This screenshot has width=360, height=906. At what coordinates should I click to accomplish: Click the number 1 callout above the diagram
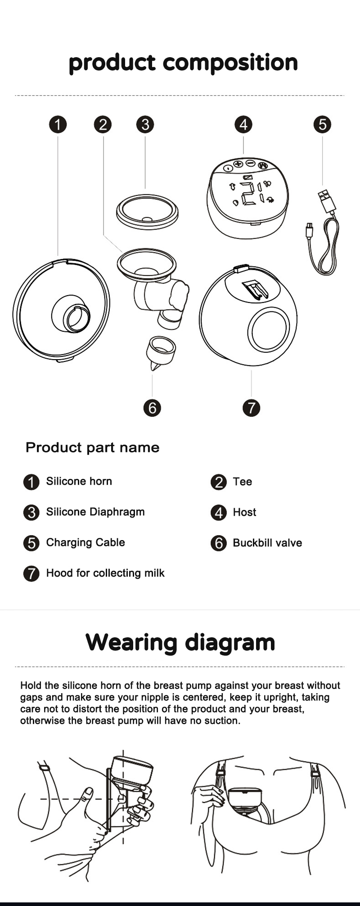tap(58, 125)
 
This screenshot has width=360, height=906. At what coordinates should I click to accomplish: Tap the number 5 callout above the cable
tap(322, 124)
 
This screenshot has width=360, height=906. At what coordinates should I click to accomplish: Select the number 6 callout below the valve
tap(152, 408)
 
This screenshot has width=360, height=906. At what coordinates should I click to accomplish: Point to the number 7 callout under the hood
tap(251, 408)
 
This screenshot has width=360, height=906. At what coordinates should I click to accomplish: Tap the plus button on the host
tap(238, 164)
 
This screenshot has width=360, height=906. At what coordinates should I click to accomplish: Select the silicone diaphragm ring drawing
tap(147, 212)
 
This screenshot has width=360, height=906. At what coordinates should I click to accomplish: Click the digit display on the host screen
tap(248, 194)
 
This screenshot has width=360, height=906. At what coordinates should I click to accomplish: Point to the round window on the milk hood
tap(268, 329)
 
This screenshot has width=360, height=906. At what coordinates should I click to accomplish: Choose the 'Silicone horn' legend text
tap(79, 481)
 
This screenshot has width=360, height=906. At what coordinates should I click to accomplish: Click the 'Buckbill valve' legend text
tap(267, 543)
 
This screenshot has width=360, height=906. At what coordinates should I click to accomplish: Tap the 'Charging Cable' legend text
tap(85, 542)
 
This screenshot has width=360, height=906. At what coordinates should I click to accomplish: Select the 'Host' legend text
tap(244, 512)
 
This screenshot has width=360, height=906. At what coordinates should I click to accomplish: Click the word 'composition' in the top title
tap(230, 63)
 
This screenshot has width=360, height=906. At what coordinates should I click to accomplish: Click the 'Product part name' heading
tap(92, 447)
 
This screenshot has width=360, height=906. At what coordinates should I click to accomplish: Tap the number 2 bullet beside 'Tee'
tap(219, 482)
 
